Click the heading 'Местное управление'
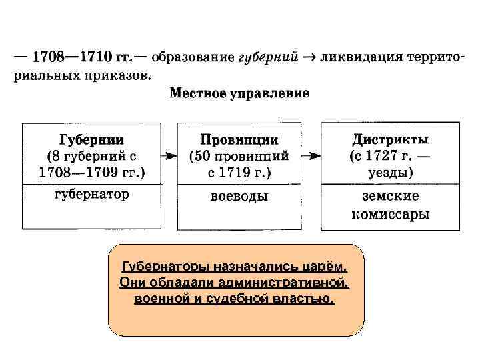[239, 93]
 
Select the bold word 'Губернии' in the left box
[91, 140]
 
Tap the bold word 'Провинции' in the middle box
[239, 140]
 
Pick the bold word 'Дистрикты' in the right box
[390, 140]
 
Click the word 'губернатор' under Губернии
[91, 195]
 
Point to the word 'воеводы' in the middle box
[239, 197]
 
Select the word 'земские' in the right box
[390, 197]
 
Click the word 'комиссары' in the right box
[390, 215]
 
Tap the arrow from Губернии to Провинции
[169, 156]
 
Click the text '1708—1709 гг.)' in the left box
[91, 172]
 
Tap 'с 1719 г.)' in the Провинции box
[239, 172]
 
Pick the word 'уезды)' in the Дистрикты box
[390, 172]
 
